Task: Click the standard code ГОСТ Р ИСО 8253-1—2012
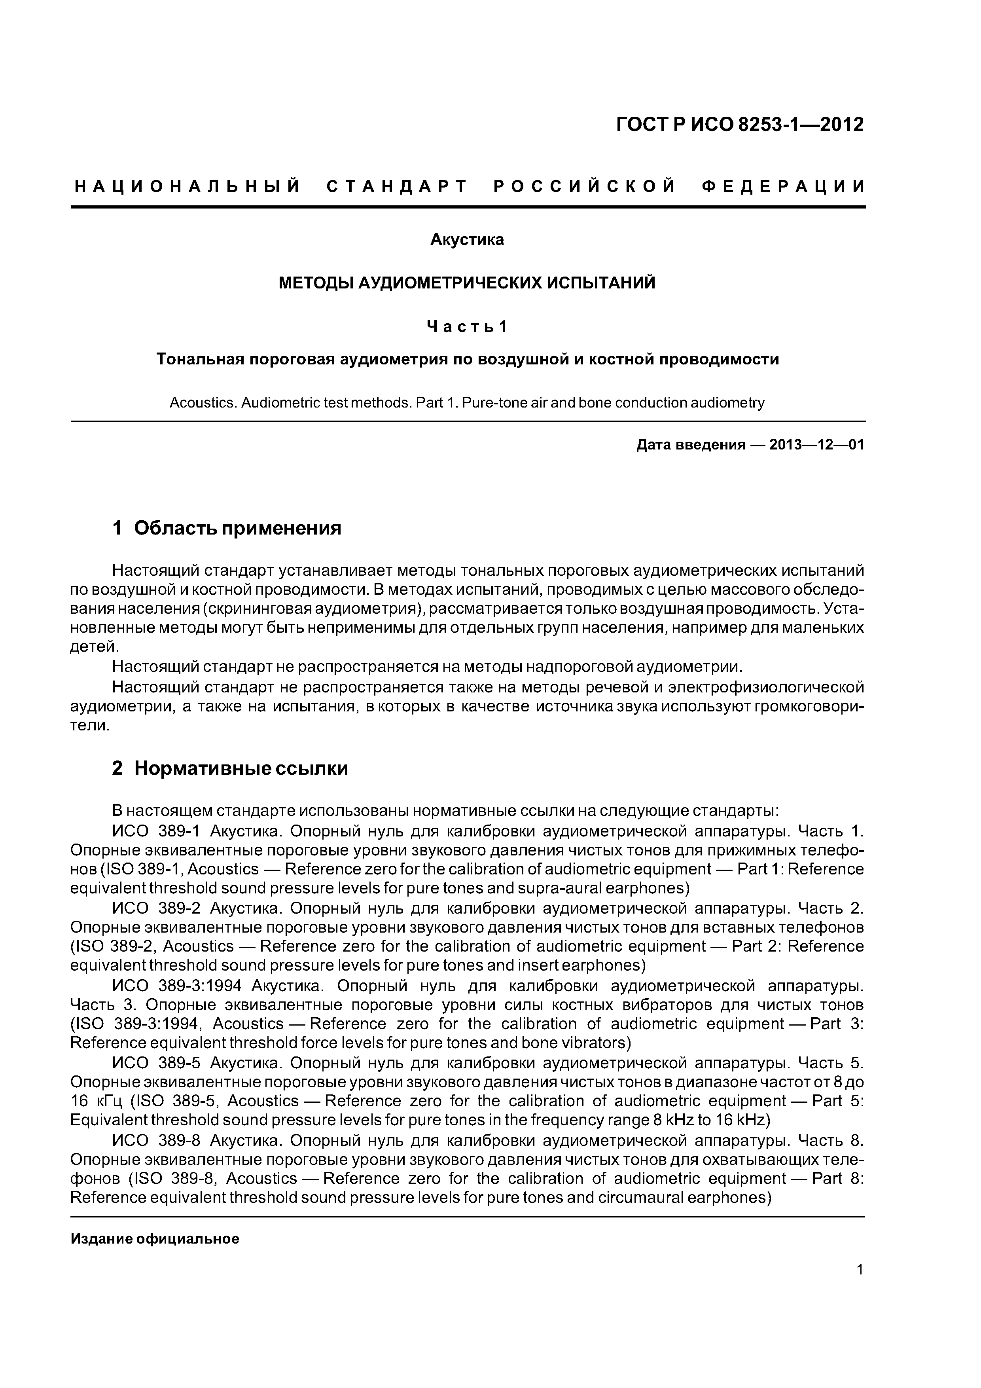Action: pyautogui.click(x=740, y=125)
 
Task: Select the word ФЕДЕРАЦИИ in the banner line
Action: pyautogui.click(x=783, y=186)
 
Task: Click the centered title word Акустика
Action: pyautogui.click(x=467, y=240)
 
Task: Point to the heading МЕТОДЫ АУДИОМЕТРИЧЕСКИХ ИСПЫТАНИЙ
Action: pyautogui.click(x=467, y=283)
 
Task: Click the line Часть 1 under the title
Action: pyautogui.click(x=467, y=326)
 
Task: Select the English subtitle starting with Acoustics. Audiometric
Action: pyautogui.click(x=467, y=403)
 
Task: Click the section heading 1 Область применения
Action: pyautogui.click(x=227, y=528)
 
